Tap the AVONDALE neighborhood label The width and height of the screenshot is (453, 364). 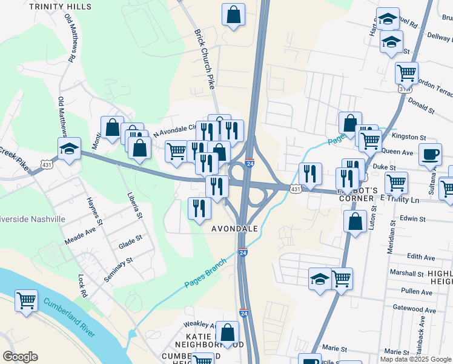click(x=235, y=229)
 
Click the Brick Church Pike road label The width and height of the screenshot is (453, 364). click(x=205, y=59)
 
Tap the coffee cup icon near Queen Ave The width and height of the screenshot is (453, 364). click(x=430, y=154)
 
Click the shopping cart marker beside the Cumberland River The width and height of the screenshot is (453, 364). click(x=27, y=300)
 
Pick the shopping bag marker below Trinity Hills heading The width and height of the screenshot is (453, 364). click(x=233, y=15)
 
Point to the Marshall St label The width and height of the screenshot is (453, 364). click(x=407, y=274)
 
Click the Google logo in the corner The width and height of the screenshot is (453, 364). click(x=21, y=357)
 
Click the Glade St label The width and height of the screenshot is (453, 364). click(x=130, y=241)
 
